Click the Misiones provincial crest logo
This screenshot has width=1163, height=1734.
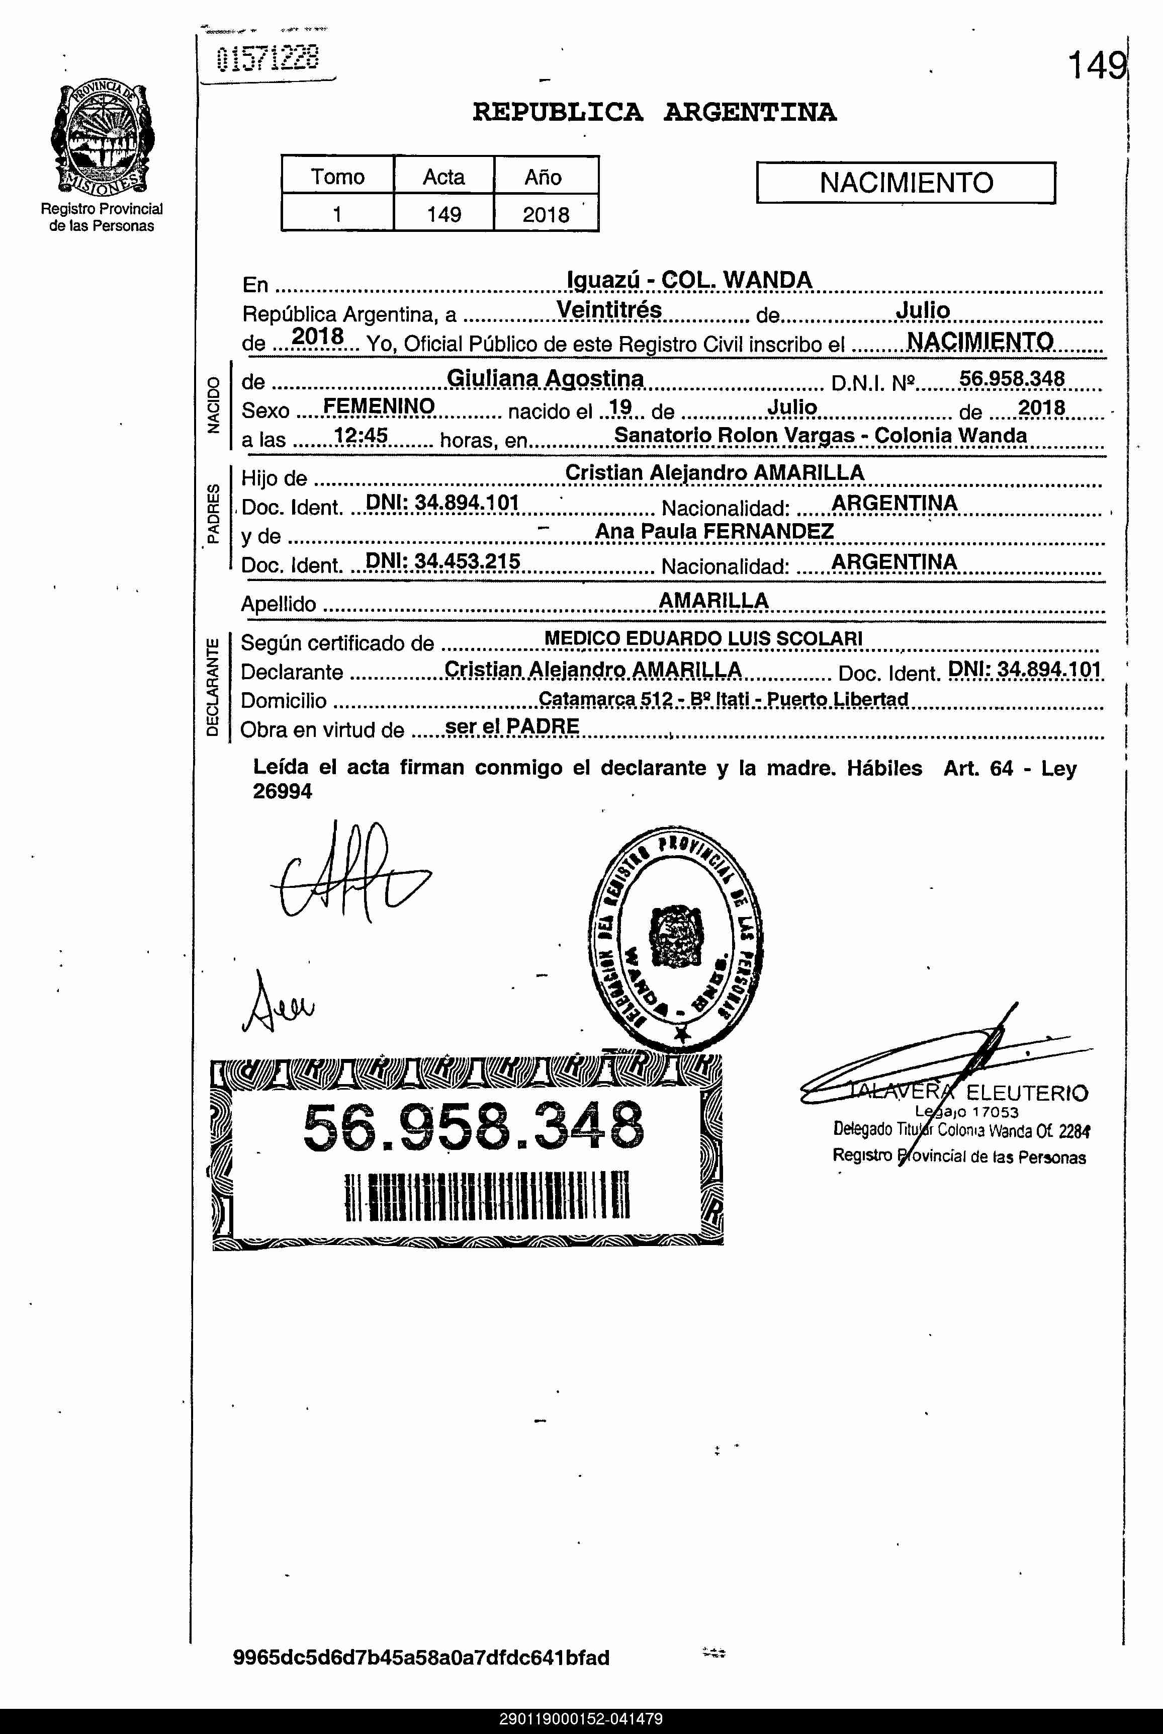pyautogui.click(x=103, y=139)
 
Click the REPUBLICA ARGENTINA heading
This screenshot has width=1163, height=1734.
pyautogui.click(x=654, y=113)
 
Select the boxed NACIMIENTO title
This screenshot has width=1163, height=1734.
pyautogui.click(x=906, y=183)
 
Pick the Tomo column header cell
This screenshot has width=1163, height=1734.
pyautogui.click(x=337, y=177)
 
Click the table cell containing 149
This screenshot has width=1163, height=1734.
pyautogui.click(x=443, y=214)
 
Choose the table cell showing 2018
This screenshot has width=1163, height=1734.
pyautogui.click(x=546, y=214)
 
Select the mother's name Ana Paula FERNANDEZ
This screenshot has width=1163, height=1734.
pyautogui.click(x=714, y=531)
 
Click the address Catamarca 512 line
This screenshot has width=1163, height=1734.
pyautogui.click(x=723, y=699)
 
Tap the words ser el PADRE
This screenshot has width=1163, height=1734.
pyautogui.click(x=512, y=726)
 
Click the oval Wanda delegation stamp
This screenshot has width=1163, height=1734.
pyautogui.click(x=676, y=936)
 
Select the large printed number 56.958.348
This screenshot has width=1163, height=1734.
pyautogui.click(x=473, y=1127)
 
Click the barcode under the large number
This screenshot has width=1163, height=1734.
pyautogui.click(x=487, y=1195)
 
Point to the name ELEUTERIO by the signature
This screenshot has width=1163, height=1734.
pyautogui.click(x=1027, y=1093)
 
